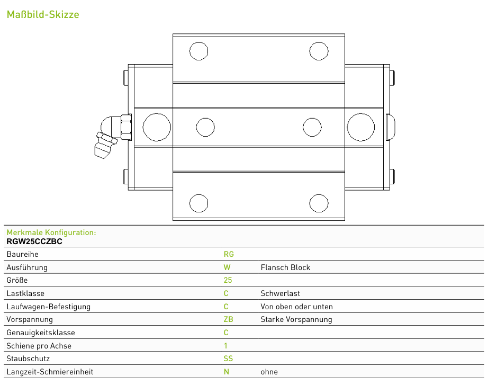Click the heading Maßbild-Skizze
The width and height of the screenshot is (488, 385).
(x=43, y=14)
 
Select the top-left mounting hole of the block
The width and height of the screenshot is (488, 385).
(x=198, y=51)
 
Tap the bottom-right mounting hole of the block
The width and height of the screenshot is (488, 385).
(x=319, y=203)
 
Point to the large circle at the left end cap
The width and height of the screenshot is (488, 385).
(x=157, y=127)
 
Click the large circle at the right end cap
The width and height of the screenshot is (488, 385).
(x=361, y=127)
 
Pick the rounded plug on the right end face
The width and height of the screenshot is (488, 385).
(x=391, y=127)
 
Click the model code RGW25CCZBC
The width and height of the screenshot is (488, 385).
(x=34, y=241)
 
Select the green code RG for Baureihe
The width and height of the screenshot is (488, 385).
(x=229, y=254)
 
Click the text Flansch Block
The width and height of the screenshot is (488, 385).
(x=285, y=267)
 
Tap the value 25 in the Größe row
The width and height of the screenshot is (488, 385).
(x=228, y=280)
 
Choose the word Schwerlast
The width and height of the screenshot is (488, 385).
(x=280, y=293)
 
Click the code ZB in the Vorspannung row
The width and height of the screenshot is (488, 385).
(x=228, y=319)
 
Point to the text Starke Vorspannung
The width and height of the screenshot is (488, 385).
(x=296, y=319)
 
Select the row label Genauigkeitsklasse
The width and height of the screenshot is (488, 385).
(x=41, y=333)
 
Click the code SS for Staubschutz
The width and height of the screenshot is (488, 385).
(x=228, y=359)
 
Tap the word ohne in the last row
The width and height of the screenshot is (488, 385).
(x=269, y=372)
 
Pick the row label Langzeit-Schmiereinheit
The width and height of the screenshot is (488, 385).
(x=50, y=372)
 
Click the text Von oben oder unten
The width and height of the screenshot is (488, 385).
(x=296, y=307)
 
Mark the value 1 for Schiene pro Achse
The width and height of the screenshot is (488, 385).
(x=225, y=346)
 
